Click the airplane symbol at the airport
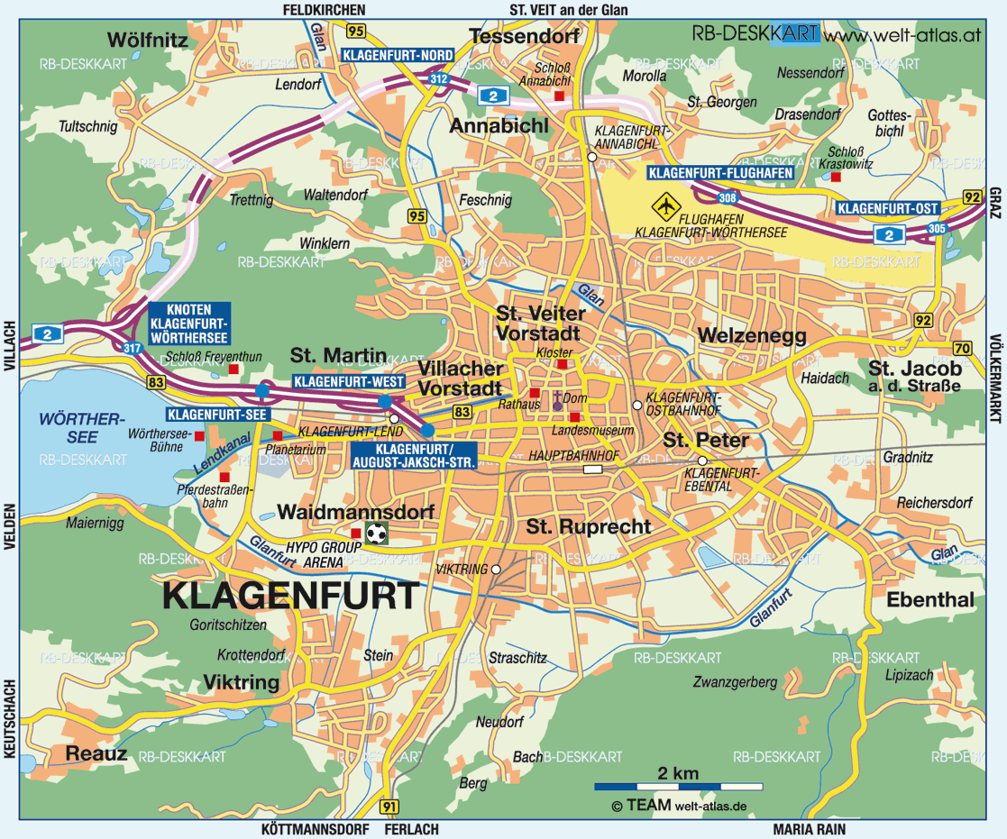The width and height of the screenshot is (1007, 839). (x=666, y=205)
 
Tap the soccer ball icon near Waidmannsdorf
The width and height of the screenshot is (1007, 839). (x=377, y=533)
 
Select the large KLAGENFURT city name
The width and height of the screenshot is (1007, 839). (x=290, y=596)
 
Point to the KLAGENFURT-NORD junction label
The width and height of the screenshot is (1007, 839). (x=398, y=55)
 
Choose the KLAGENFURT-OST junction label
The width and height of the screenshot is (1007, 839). (x=888, y=208)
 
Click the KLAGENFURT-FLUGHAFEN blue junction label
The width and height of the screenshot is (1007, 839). (x=720, y=173)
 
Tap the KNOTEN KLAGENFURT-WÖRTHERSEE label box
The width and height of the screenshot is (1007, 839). (x=188, y=324)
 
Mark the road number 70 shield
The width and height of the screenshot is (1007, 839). (x=962, y=349)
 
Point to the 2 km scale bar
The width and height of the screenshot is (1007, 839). (x=678, y=787)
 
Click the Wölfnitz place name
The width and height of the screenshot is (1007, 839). (x=147, y=40)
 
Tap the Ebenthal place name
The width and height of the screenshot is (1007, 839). (x=930, y=600)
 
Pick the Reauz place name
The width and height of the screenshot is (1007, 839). (x=96, y=753)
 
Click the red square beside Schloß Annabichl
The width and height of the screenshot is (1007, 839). (x=560, y=96)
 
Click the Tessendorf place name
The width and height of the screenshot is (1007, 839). (x=522, y=37)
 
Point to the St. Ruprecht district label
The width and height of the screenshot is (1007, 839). (x=589, y=526)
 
